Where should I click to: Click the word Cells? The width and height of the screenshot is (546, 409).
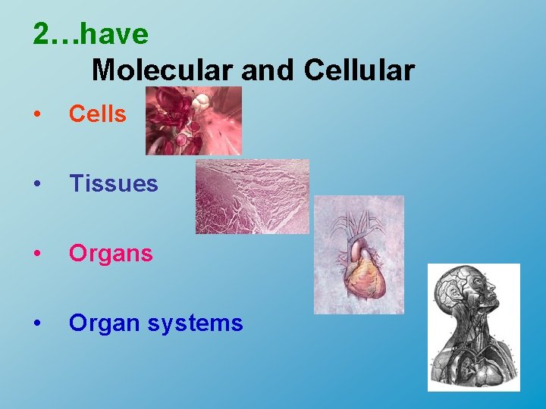[x=97, y=114]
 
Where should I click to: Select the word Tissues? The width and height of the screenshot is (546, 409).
[x=113, y=184]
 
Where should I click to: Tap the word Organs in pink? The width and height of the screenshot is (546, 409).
[x=111, y=254]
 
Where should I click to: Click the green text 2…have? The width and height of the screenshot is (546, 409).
[x=91, y=34]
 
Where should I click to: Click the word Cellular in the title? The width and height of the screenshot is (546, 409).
[x=359, y=70]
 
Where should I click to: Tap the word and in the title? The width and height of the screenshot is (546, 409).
[x=269, y=70]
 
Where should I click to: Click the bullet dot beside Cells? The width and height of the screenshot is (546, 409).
[x=36, y=115]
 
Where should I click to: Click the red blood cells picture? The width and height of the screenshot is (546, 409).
[x=193, y=120]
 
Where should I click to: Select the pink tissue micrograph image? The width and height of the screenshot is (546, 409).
[x=252, y=196]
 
